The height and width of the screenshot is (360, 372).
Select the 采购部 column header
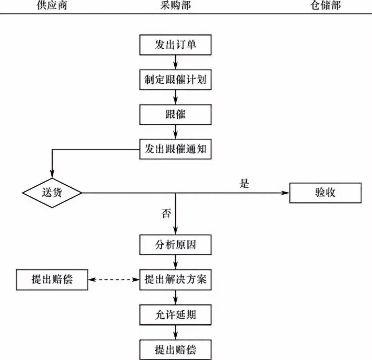coord(175,6)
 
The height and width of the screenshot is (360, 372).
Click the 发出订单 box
coord(175,45)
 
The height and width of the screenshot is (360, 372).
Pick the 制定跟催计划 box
coord(175,80)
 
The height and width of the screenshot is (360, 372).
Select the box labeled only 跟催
coord(175,114)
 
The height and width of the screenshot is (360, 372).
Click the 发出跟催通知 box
coord(175,149)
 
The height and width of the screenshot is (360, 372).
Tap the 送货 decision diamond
coord(52,193)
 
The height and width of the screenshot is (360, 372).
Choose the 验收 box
coord(325,193)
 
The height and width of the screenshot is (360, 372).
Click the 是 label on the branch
coord(244,184)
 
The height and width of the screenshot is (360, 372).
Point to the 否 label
coord(166,214)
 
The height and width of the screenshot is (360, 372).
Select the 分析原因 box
coord(175,245)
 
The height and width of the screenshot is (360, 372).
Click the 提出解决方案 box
coord(175,280)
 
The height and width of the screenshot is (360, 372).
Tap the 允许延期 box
coord(175,315)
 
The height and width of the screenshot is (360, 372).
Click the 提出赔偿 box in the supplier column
coord(52,280)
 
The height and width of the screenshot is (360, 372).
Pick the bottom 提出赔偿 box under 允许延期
coord(175,350)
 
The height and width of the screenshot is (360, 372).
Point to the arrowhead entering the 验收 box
coord(286,193)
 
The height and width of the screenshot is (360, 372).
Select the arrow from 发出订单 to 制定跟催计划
coord(176,62)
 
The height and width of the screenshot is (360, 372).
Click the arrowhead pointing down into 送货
coord(52,174)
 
